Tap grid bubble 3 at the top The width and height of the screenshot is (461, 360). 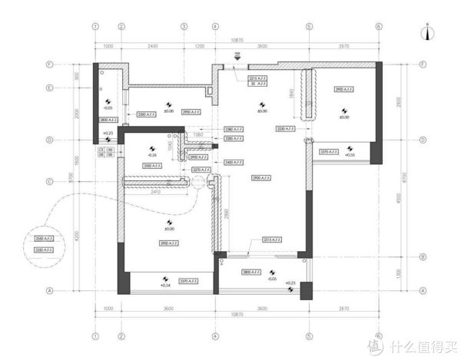pos(184,25)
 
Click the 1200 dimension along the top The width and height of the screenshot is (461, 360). pos(200,46)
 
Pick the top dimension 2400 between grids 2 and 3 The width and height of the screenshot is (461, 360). pos(152,46)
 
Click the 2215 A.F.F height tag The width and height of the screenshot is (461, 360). pos(257,78)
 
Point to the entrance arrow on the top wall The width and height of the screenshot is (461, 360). pos(237,56)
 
